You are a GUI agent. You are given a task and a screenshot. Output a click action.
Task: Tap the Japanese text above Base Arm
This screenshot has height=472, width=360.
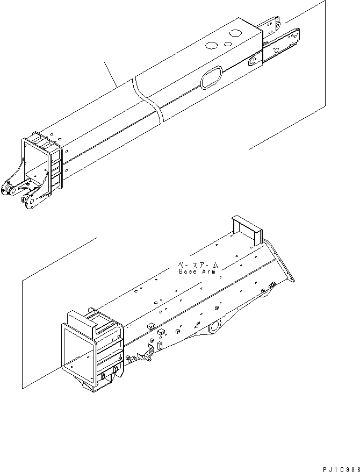pos(198,265)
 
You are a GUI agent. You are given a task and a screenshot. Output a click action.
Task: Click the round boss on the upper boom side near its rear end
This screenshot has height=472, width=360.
pos(251,62)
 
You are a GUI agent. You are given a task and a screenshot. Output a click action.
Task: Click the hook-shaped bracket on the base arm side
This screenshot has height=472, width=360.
pos(145,355)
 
